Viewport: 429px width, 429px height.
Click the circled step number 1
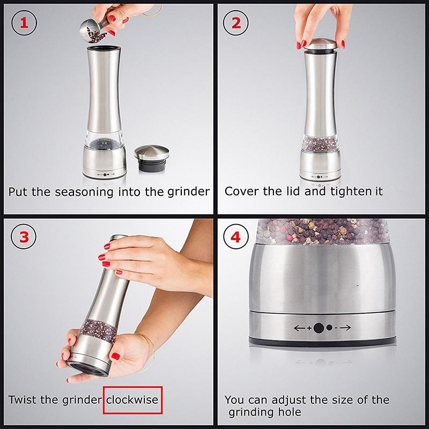tap(24, 23)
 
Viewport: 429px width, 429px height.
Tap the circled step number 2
tap(236, 23)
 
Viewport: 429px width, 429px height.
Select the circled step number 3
tap(24, 236)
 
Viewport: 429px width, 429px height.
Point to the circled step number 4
tap(236, 236)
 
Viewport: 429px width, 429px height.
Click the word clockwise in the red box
tap(132, 400)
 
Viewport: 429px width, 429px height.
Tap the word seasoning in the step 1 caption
tap(84, 192)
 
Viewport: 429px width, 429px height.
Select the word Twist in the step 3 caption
tap(23, 400)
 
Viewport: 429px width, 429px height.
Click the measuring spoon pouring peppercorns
tap(94, 30)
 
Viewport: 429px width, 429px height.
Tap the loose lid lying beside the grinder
tap(152, 158)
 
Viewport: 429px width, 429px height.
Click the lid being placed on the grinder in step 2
tap(320, 45)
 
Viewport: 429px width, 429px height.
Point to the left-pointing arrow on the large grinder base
tap(300, 328)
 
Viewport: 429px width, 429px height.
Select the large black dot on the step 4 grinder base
tap(319, 328)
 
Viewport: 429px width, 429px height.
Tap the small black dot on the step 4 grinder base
tap(329, 328)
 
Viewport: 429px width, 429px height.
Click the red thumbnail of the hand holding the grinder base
tap(115, 356)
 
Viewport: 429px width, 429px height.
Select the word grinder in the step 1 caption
tap(189, 193)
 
